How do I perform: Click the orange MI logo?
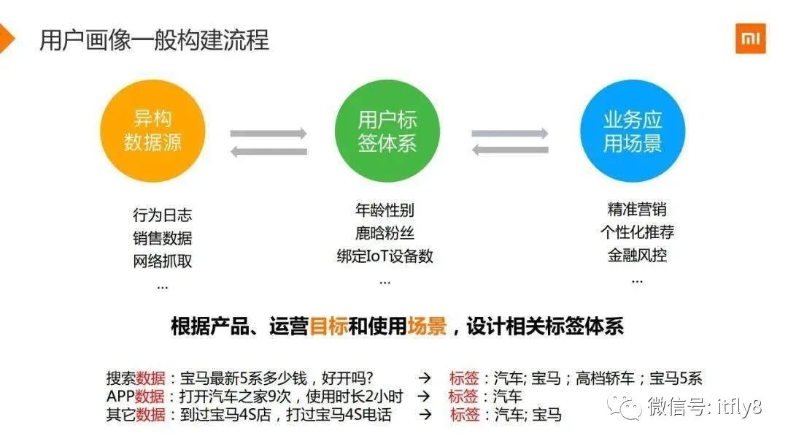pos(750,39)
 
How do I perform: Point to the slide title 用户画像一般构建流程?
pos(154,39)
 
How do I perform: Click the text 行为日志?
pos(162,215)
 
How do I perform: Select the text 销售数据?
pos(162,238)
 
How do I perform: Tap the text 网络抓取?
pos(162,261)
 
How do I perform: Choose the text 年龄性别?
pos(385,210)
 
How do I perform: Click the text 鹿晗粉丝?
pos(385,234)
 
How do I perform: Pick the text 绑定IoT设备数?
pos(385,256)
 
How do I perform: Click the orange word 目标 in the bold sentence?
pos(328,326)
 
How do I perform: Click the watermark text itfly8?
pos(735,407)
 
